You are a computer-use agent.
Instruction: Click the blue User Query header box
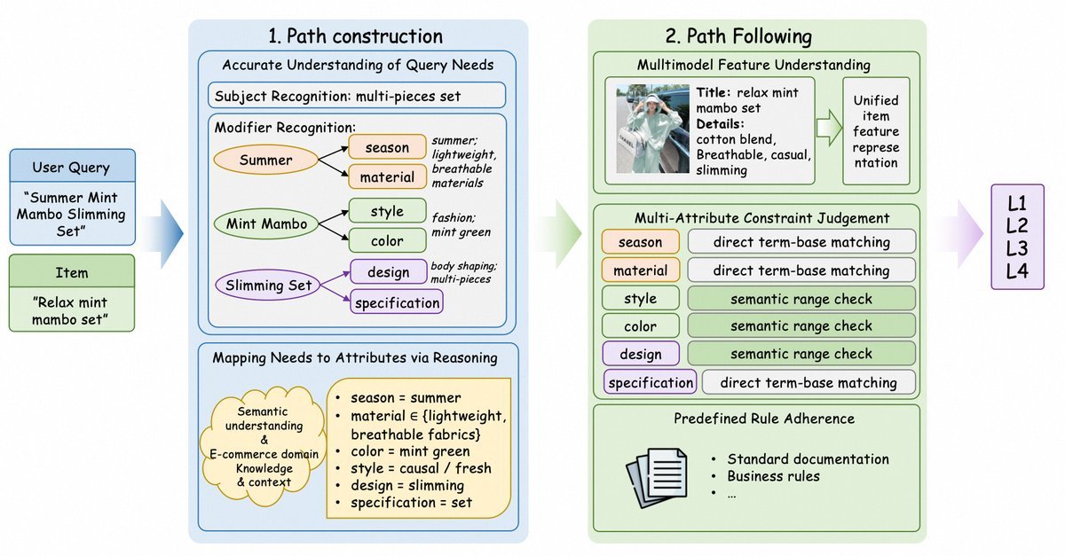(72, 168)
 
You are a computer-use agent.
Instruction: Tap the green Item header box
(72, 273)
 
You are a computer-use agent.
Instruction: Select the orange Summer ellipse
(265, 161)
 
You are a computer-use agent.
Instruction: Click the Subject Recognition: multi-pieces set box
(357, 95)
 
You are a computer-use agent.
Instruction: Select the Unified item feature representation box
(875, 131)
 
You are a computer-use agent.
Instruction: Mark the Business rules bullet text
(773, 476)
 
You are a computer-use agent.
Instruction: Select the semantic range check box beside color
(801, 325)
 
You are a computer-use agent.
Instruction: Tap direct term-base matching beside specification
(808, 382)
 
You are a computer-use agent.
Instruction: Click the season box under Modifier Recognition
(386, 147)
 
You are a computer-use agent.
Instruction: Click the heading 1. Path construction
(355, 37)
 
